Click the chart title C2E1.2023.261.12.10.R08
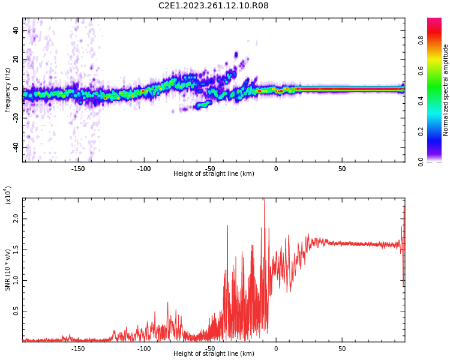213,6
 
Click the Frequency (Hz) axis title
8,90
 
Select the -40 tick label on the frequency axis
15,147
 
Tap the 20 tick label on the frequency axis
16,59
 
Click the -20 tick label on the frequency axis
15,118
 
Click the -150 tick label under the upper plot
78,168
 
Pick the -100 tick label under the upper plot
144,168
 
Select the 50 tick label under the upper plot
341,168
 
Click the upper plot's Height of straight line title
214,174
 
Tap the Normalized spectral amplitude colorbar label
446,90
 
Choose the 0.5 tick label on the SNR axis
16,311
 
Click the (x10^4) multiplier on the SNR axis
8,195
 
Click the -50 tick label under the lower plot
210,348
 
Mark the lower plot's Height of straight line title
214,354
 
